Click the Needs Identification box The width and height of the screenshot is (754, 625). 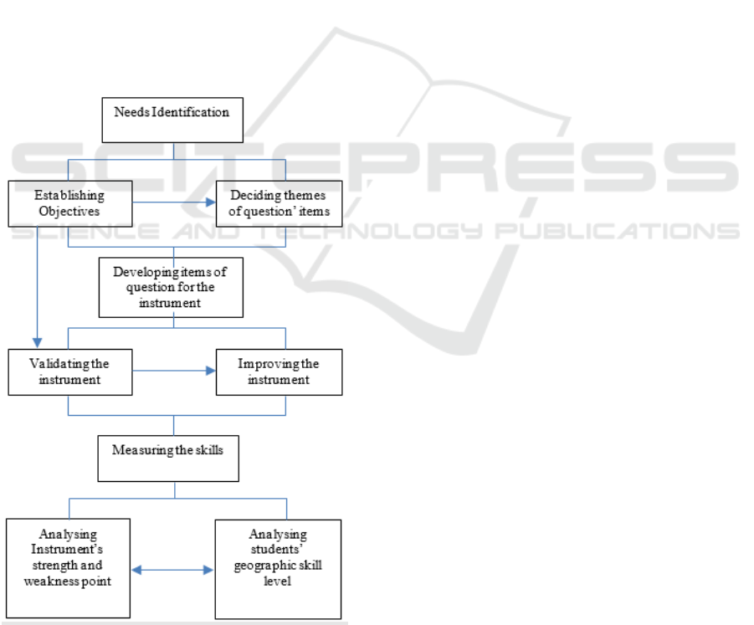[172, 120]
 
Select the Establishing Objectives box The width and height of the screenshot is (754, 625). [70, 204]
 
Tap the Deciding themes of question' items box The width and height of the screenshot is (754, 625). [279, 204]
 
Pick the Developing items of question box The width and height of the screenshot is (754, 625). [171, 288]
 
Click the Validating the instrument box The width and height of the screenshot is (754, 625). [70, 372]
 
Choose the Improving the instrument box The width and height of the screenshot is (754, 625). [279, 372]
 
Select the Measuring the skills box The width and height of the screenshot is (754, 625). [168, 459]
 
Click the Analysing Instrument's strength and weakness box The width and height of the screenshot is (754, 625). [68, 568]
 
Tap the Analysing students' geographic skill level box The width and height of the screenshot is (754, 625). [278, 569]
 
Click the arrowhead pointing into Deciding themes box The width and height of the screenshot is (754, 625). [211, 202]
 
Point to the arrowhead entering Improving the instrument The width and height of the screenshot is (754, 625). [211, 371]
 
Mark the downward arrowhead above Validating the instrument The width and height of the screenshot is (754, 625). [38, 343]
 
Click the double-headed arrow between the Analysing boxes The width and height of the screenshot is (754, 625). [172, 570]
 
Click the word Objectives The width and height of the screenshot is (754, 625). [69, 212]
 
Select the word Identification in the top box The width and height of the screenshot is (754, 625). [191, 112]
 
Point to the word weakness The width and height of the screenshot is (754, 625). [47, 581]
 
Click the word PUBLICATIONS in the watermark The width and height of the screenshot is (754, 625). [617, 231]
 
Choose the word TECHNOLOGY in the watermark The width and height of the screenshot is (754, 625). [370, 231]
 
